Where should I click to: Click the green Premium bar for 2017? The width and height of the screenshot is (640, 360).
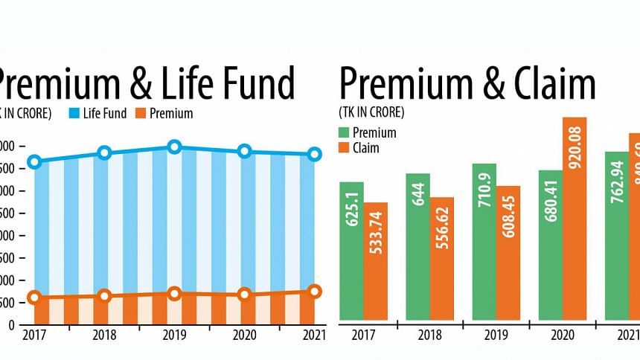click(x=351, y=251)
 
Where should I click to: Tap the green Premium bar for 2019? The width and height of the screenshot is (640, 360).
click(x=484, y=242)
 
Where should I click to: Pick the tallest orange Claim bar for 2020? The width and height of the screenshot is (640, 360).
click(x=575, y=219)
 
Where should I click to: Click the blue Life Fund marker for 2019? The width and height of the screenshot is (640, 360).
click(x=174, y=147)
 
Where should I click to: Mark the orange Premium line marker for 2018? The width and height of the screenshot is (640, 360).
click(x=104, y=296)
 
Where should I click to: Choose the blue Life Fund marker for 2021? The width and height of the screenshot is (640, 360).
click(x=314, y=154)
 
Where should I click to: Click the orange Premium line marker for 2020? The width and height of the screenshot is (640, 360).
click(x=243, y=295)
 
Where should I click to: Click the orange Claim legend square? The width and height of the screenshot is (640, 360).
click(x=344, y=147)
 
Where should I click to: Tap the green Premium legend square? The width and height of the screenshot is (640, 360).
click(x=344, y=132)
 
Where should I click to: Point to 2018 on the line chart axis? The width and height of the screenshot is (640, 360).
click(x=104, y=335)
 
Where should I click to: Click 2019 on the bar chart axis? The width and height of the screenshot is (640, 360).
click(x=496, y=335)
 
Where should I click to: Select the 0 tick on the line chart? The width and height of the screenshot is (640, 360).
click(x=10, y=325)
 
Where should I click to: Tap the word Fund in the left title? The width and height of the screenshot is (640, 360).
click(x=255, y=83)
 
